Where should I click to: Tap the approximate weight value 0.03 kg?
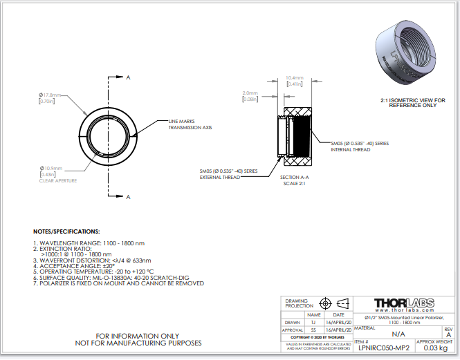[435, 348]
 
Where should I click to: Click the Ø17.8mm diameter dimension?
[49, 94]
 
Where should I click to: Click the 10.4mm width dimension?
[295, 78]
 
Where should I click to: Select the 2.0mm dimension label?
[250, 93]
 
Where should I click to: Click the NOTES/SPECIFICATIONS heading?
[66, 231]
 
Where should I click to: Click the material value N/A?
[398, 334]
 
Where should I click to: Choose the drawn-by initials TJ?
[313, 323]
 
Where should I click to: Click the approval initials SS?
[313, 330]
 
